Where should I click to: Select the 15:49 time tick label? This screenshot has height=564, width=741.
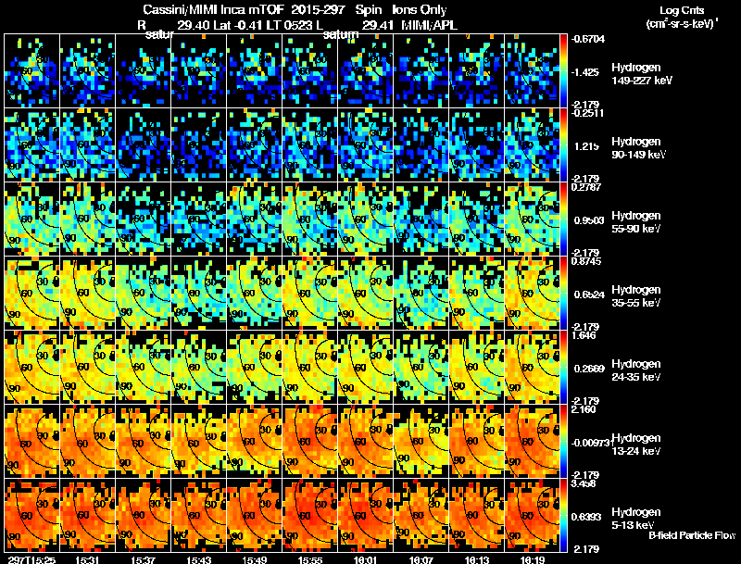[x=254, y=559]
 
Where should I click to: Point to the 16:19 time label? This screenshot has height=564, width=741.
[x=532, y=559]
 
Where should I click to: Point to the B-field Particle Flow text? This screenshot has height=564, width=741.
[x=692, y=535]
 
